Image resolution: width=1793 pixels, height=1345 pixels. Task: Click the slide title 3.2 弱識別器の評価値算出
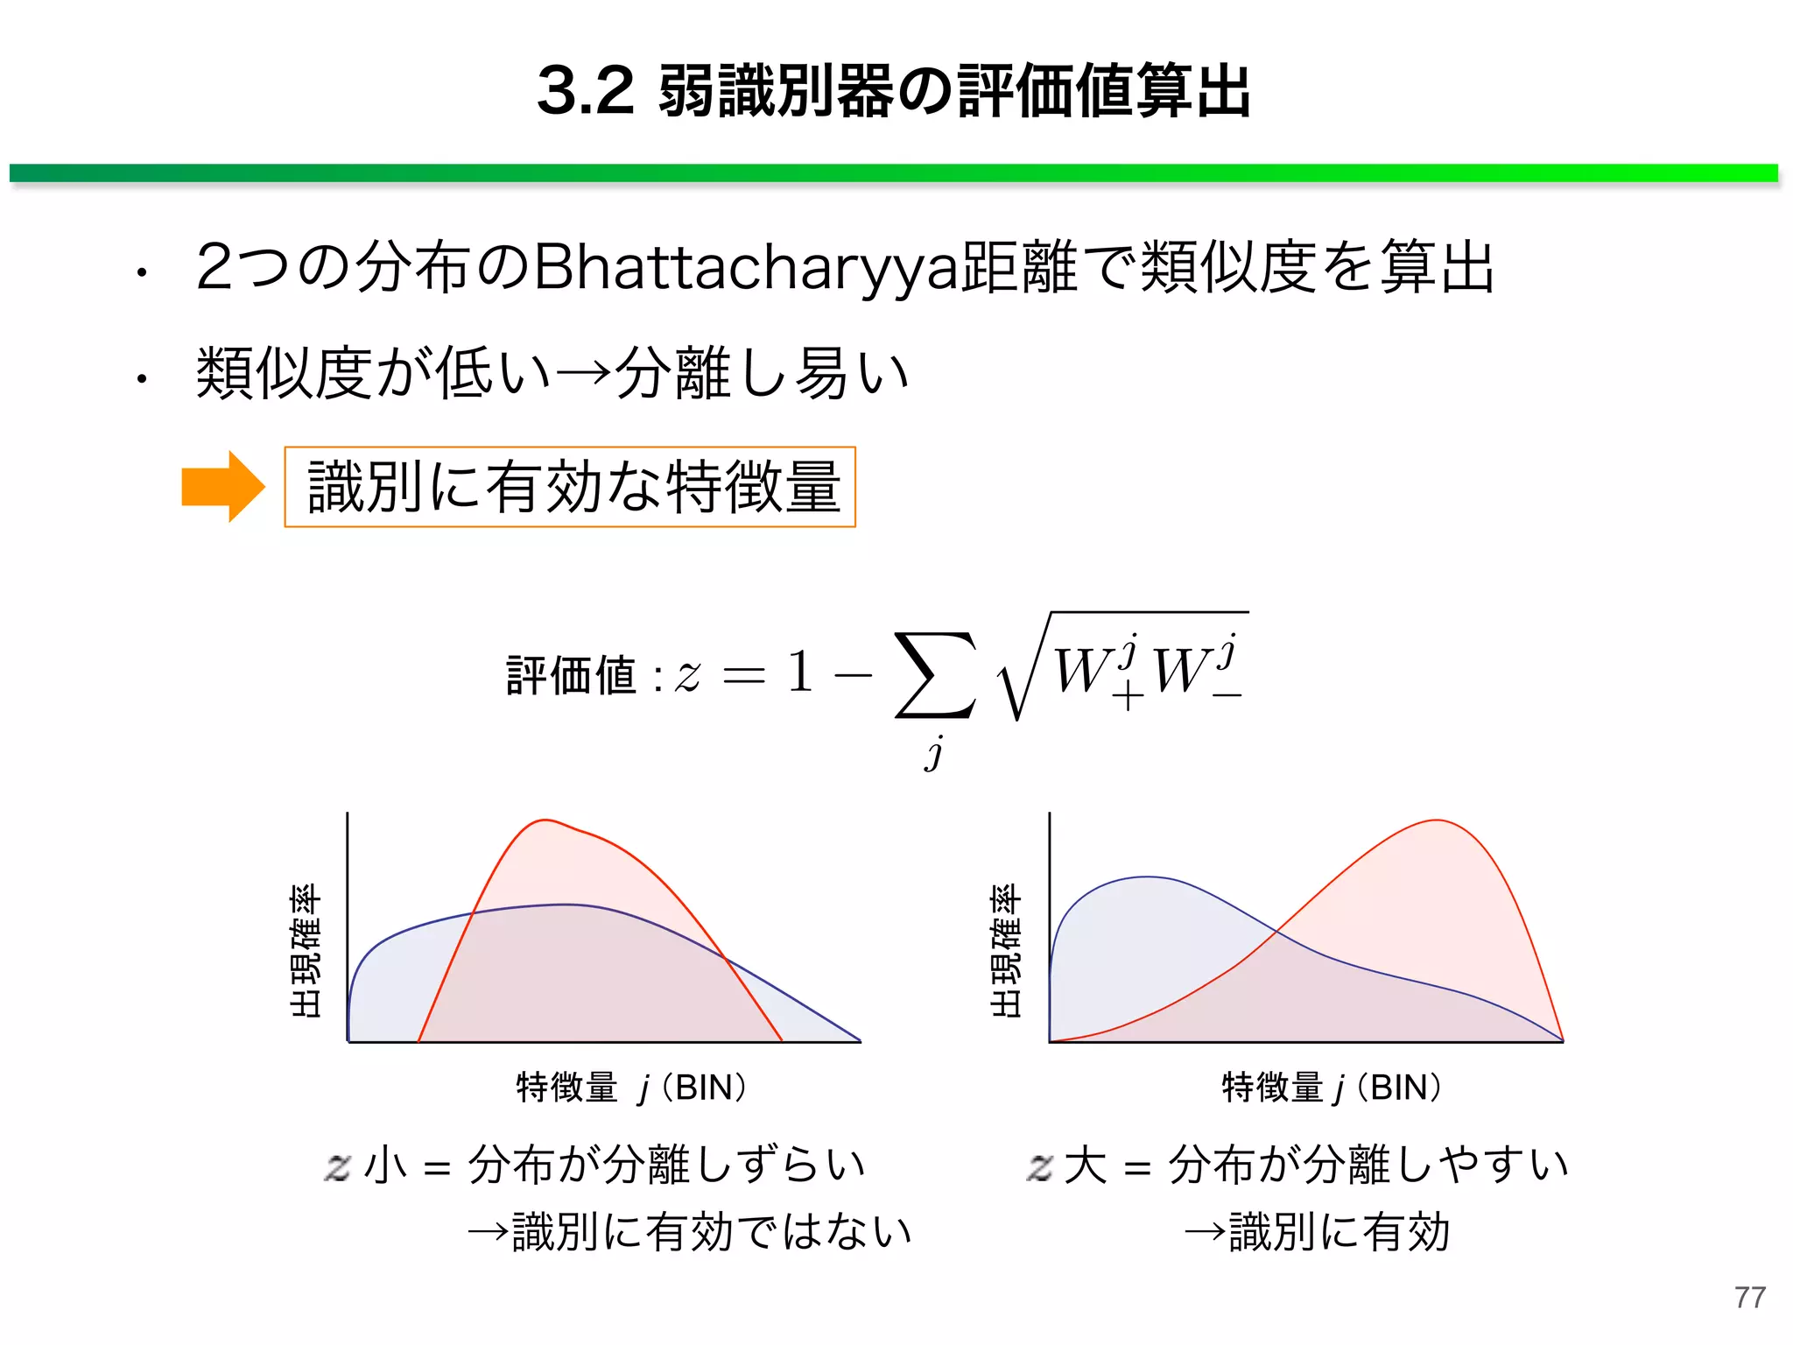tap(894, 91)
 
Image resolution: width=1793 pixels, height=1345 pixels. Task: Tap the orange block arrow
tap(222, 487)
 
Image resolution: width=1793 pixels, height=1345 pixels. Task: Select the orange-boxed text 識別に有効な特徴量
tap(570, 487)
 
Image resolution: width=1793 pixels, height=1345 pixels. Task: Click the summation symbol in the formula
tap(934, 675)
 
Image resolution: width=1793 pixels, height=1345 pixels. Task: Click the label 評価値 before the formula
tap(571, 676)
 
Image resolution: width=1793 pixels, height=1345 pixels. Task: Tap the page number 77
tap(1749, 1297)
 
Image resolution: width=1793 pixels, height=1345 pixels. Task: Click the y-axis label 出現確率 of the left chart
tap(306, 950)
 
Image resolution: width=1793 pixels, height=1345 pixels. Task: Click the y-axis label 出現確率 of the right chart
tap(1006, 950)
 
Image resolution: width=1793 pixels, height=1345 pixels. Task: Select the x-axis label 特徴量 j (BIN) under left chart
tap(631, 1088)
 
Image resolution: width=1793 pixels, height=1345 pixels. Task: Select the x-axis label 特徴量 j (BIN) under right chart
tap(1331, 1088)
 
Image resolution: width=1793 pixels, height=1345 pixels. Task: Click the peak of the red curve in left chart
tap(545, 820)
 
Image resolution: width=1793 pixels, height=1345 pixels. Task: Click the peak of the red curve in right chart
tap(1437, 820)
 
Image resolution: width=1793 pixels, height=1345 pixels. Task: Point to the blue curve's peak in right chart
tap(1147, 877)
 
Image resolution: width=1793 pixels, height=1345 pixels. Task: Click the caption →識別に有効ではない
tap(690, 1231)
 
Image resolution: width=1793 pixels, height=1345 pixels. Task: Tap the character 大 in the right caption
tap(1086, 1165)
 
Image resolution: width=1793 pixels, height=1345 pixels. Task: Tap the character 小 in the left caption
tap(385, 1165)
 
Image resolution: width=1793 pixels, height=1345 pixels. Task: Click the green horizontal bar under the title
tap(894, 173)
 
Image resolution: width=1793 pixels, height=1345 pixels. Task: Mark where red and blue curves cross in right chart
tap(1276, 931)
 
